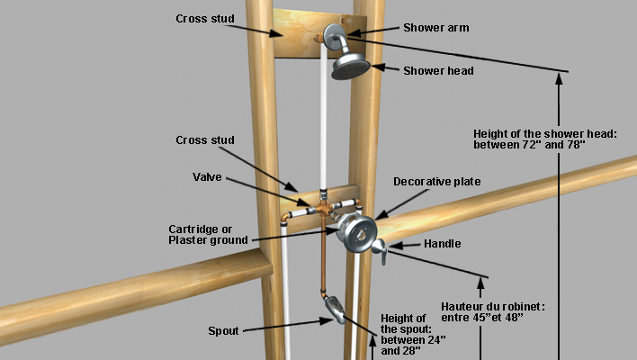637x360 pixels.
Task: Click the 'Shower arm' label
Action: [436, 28]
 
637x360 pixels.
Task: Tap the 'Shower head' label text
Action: [438, 71]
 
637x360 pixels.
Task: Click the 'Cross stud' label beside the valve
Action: [205, 140]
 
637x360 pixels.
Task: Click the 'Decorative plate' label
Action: [436, 182]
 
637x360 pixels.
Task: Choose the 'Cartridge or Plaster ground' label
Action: [208, 234]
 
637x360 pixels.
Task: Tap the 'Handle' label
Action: [444, 243]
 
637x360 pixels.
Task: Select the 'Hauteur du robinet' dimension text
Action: [495, 311]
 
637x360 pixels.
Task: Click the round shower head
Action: [352, 67]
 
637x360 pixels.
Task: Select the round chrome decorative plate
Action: [355, 233]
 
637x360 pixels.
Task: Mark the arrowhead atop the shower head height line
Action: [560, 78]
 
